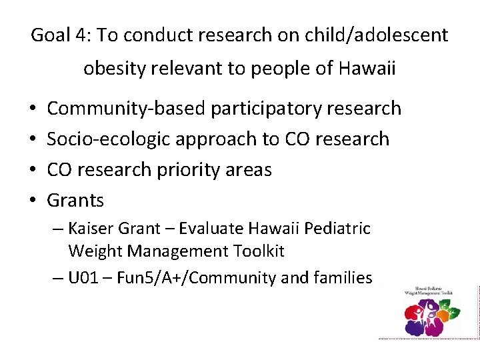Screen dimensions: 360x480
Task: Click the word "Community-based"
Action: pos(126,108)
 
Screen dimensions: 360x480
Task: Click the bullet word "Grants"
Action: pos(75,200)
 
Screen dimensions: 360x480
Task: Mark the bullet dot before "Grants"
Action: pos(33,200)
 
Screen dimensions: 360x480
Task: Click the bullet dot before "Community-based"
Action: pos(33,108)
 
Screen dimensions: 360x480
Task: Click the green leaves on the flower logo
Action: pos(451,311)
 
